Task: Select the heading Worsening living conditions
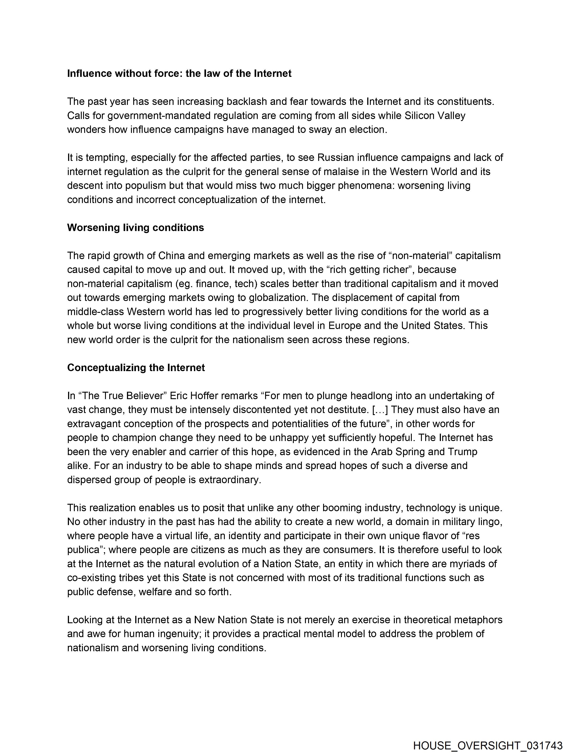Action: coord(135,228)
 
